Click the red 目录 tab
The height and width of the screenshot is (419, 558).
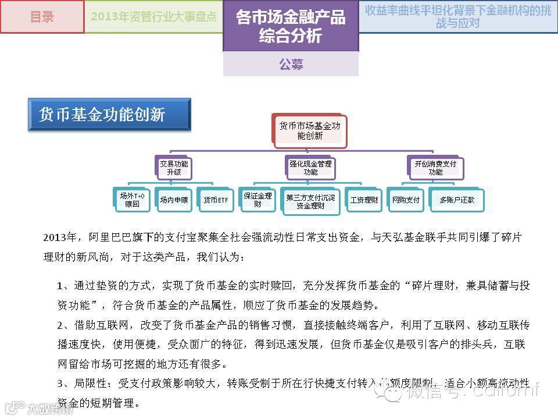click(x=42, y=17)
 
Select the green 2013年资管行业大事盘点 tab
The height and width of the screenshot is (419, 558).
click(x=153, y=17)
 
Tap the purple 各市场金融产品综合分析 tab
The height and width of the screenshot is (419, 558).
click(x=290, y=26)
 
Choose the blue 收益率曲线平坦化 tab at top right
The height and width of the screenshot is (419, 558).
click(x=458, y=16)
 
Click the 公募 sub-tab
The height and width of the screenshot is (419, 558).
click(x=291, y=64)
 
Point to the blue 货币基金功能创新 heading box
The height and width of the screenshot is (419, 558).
click(x=109, y=115)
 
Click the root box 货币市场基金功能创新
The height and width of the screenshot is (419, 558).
click(x=309, y=130)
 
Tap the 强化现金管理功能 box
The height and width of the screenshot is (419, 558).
click(x=310, y=168)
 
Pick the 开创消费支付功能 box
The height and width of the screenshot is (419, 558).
click(x=435, y=168)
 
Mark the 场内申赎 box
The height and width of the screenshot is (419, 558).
click(x=174, y=200)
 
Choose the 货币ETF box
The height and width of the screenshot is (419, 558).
click(x=216, y=200)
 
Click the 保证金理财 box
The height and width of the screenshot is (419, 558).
click(x=257, y=200)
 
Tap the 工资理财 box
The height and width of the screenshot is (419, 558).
click(x=364, y=200)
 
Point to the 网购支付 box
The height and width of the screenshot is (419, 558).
click(x=406, y=200)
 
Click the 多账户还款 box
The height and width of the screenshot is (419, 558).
click(x=456, y=200)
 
